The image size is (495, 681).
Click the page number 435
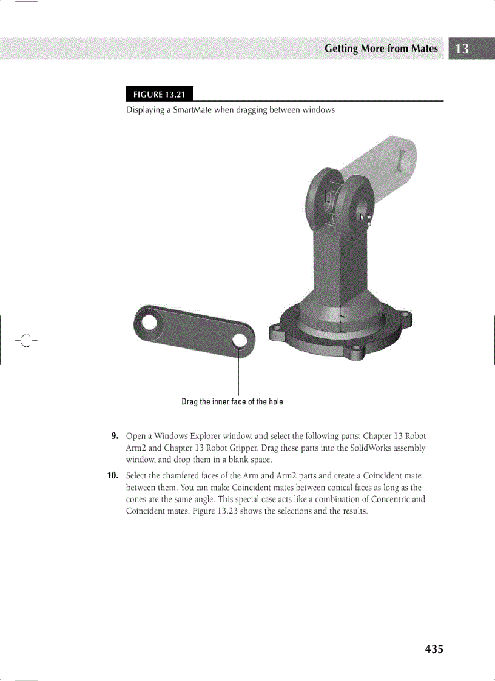point(434,649)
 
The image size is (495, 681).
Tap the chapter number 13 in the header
point(462,49)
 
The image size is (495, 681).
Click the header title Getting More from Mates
point(381,49)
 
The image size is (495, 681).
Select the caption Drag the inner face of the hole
point(232,402)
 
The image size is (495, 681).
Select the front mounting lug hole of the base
point(357,349)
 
